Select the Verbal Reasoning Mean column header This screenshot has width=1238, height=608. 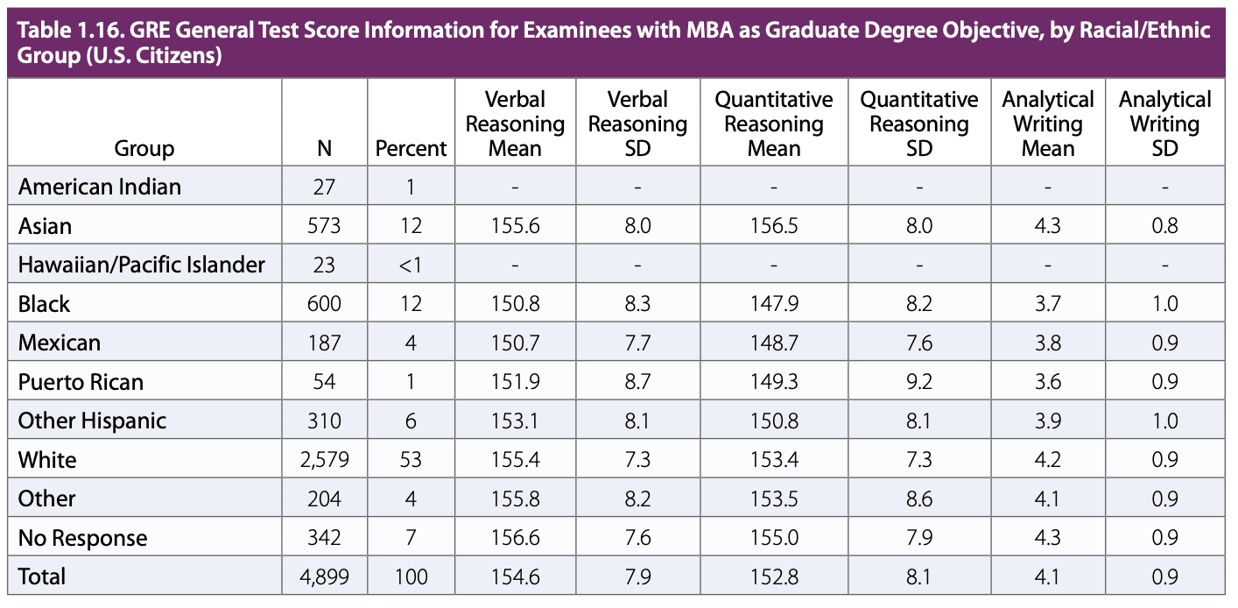pos(515,124)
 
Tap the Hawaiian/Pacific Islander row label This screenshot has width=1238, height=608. pos(141,265)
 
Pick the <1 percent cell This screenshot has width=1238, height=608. pos(411,265)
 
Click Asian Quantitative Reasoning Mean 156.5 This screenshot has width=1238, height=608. pos(774,226)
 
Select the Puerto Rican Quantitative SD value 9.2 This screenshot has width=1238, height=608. pos(919,382)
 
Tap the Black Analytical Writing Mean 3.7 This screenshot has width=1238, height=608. pos(1048,304)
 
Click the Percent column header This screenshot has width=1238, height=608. pos(411,149)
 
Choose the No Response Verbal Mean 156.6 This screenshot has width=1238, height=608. pos(515,538)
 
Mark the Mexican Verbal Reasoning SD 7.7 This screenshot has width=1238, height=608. pos(638,343)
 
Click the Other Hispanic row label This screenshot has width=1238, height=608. pos(92,421)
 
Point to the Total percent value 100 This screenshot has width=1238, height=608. pos(411,576)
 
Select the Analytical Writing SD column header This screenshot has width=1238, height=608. pos(1164,124)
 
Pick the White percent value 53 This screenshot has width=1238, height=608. pos(411,460)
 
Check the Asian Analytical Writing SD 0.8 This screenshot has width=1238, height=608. pos(1164,226)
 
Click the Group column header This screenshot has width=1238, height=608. pos(144,149)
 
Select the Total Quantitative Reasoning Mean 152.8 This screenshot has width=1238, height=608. pos(774,576)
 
